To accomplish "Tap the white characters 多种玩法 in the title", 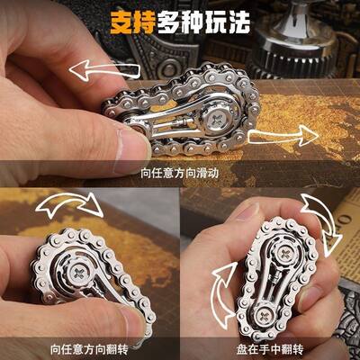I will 216,19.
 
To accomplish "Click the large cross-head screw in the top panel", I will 215,112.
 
